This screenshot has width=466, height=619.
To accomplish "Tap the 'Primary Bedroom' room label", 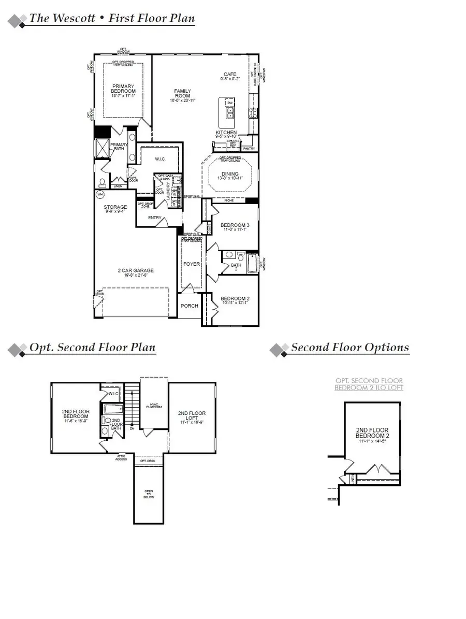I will pos(123,89).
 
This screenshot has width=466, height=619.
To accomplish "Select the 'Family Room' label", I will pos(182,93).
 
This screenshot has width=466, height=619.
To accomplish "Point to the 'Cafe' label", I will pos(229,75).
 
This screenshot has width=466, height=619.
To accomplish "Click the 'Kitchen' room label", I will pos(226,133).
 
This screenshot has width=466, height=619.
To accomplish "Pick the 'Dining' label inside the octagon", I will pos(230,174).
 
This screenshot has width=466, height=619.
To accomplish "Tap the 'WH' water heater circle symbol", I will pos(100,194).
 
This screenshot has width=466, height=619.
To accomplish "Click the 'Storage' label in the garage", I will pos(115,207).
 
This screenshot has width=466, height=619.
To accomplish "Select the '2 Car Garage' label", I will pos(136,270).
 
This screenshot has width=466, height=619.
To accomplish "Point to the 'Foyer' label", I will pos(191,264).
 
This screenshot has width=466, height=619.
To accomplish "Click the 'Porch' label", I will pos(190,306).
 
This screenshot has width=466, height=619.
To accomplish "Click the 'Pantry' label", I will pos(250,148).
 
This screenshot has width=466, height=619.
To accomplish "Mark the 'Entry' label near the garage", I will pos(154,218).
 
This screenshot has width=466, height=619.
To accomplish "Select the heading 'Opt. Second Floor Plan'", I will pos(92,348).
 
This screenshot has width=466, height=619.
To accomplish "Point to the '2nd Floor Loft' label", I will pos(192,416).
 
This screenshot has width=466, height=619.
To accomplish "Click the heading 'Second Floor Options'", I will pos(349,348).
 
